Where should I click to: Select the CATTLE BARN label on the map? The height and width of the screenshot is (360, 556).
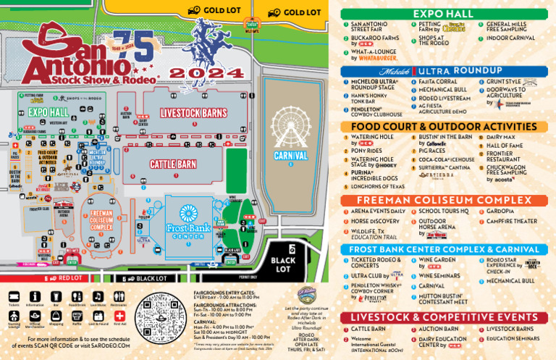[x=173, y=164]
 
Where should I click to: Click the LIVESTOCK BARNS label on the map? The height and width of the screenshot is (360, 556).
[x=193, y=113]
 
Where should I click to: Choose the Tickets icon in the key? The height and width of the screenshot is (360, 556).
[x=14, y=297]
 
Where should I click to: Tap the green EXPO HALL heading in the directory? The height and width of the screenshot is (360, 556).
[x=444, y=14]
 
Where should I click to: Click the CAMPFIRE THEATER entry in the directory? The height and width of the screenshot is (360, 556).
[x=512, y=221]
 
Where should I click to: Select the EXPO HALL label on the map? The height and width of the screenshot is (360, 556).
[x=49, y=112]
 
